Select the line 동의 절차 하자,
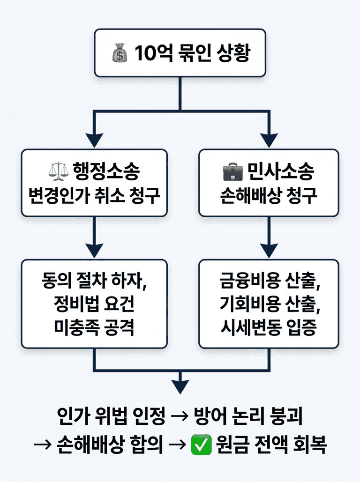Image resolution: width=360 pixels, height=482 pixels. click(x=94, y=282)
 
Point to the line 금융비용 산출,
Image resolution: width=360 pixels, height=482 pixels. click(x=269, y=282)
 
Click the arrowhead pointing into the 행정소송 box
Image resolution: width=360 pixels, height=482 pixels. click(x=95, y=139)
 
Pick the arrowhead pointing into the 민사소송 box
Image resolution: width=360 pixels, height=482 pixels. click(x=269, y=139)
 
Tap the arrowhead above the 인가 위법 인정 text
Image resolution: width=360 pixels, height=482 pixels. click(x=180, y=386)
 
